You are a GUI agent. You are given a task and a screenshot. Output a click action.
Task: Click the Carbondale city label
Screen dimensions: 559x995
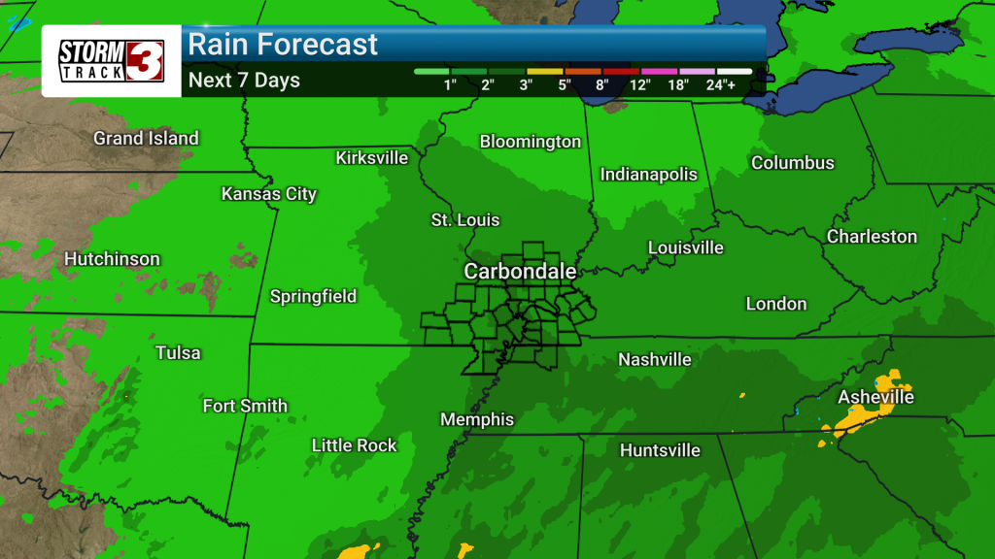[520, 272]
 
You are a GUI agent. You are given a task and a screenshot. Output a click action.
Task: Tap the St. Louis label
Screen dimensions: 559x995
[465, 220]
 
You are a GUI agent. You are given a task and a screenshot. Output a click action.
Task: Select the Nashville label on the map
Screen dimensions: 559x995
[655, 360]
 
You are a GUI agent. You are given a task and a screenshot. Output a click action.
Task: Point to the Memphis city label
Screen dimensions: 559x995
[477, 420]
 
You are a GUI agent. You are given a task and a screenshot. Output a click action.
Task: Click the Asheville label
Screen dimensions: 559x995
[875, 397]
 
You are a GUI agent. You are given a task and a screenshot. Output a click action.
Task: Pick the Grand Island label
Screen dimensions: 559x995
[146, 139]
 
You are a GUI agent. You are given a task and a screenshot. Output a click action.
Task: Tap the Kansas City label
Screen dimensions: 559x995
[269, 194]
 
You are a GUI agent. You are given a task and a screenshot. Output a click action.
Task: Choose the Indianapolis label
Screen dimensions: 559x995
[649, 175]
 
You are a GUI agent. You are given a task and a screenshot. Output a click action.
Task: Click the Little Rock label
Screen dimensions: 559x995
[355, 445]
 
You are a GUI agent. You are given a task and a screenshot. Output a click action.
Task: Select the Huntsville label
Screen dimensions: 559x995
[660, 450]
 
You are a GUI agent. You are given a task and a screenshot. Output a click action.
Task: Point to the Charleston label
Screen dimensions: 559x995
[872, 237]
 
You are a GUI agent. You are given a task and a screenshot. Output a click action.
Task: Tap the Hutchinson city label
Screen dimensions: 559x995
[112, 259]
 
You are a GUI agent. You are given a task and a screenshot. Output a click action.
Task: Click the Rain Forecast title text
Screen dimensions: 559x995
[283, 45]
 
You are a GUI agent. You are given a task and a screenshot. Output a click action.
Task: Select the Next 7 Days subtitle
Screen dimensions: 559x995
[244, 81]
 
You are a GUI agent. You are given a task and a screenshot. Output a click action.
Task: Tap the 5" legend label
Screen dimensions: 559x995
[565, 84]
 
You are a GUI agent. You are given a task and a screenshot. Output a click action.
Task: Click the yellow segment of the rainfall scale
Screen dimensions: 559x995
[544, 71]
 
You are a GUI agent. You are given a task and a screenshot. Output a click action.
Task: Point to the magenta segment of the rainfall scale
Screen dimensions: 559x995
[660, 71]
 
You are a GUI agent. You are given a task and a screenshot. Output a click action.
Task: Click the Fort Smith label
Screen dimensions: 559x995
[245, 406]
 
